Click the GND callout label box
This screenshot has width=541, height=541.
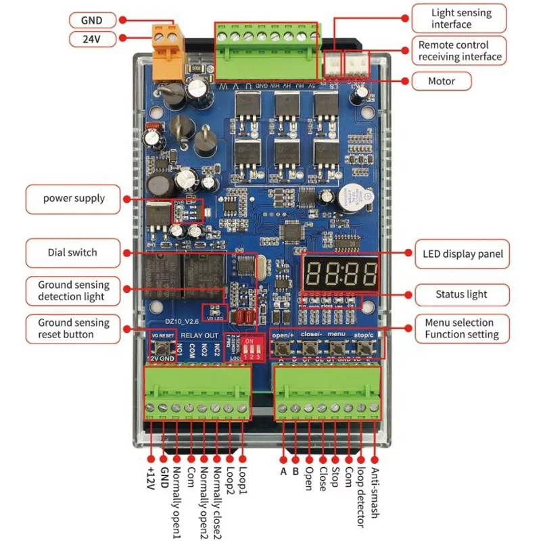point(92,20)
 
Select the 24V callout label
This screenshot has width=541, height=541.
point(92,39)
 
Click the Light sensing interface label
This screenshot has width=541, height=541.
point(461,18)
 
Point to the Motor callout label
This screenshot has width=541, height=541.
point(442,81)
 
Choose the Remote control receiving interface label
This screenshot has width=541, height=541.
point(460,51)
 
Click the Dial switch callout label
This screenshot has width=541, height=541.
point(72,252)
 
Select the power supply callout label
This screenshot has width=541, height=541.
point(74,198)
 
